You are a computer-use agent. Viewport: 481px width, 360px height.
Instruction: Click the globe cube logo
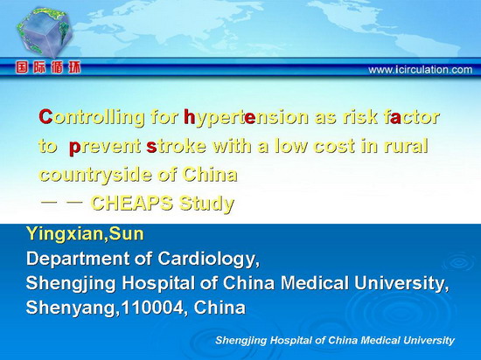(x=45, y=32)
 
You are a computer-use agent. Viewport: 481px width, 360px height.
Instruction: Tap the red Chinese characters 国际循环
(x=48, y=67)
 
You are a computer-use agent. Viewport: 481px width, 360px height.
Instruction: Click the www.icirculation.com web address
(x=421, y=70)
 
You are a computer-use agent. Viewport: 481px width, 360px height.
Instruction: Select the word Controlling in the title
(x=92, y=118)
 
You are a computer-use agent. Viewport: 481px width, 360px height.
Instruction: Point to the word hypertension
(x=246, y=118)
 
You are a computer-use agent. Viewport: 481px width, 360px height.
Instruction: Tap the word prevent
(x=105, y=147)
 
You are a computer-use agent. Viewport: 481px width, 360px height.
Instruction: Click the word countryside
(x=95, y=176)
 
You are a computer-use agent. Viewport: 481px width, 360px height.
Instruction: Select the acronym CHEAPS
(x=132, y=203)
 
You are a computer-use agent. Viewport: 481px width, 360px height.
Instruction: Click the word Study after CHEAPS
(x=207, y=204)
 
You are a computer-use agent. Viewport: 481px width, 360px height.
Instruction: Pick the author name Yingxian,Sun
(x=85, y=234)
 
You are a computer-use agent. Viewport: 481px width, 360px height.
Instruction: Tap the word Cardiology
(x=209, y=260)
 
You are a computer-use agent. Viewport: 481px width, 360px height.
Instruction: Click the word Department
(x=78, y=259)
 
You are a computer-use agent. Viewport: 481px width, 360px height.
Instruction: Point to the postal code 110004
(x=153, y=308)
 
